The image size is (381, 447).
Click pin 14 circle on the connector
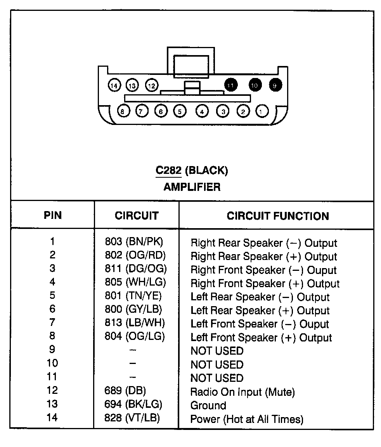[114, 85]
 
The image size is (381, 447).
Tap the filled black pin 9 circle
[275, 85]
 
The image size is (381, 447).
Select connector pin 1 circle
[262, 111]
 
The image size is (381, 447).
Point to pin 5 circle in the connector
[179, 111]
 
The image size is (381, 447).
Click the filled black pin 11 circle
[230, 85]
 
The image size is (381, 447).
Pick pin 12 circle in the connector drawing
[152, 85]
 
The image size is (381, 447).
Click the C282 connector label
[168, 170]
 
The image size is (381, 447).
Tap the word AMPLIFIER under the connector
[192, 187]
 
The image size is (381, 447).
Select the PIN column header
[52, 215]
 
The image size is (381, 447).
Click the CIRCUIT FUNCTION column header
[278, 216]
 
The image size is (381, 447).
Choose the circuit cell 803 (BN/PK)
[134, 242]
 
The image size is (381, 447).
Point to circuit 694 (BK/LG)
[133, 404]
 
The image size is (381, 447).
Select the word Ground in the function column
[208, 406]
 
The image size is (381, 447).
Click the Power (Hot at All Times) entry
[247, 419]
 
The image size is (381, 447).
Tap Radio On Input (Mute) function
[242, 392]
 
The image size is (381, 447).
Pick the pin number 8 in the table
[52, 336]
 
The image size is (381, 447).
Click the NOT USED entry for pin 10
[217, 365]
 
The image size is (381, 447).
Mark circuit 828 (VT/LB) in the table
[132, 418]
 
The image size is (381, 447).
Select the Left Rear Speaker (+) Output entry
[260, 310]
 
